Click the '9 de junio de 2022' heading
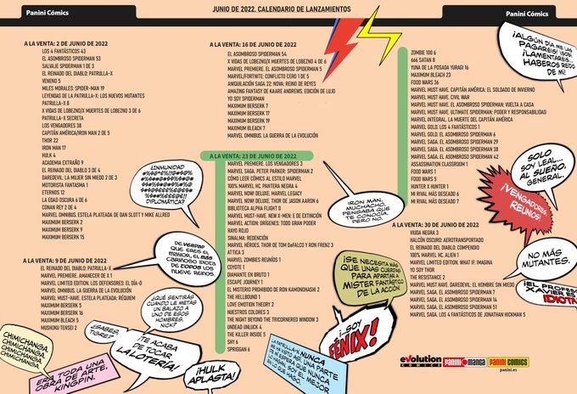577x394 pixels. coord(63,259)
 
